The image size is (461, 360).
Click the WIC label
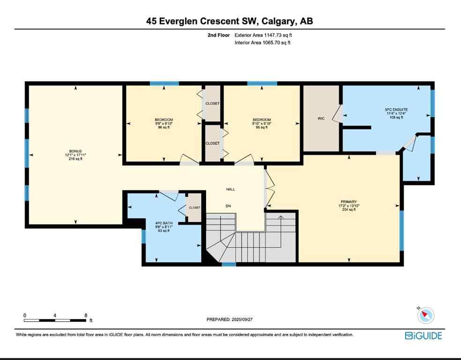[x=321, y=119]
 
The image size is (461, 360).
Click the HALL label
[x=230, y=189]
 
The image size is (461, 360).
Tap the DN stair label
[x=228, y=206]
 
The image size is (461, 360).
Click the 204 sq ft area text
[x=349, y=210]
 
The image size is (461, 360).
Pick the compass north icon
[x=426, y=315]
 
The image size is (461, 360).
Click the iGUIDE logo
[x=424, y=335]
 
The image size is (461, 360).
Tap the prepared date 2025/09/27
[x=230, y=319]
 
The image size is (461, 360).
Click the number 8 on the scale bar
[x=86, y=315]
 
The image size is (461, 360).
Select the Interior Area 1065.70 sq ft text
[x=262, y=43]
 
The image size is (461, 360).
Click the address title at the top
[x=230, y=21]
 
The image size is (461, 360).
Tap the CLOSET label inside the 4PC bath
[x=194, y=208]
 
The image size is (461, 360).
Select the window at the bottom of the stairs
[x=229, y=264]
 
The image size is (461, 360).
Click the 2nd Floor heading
[x=219, y=35]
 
